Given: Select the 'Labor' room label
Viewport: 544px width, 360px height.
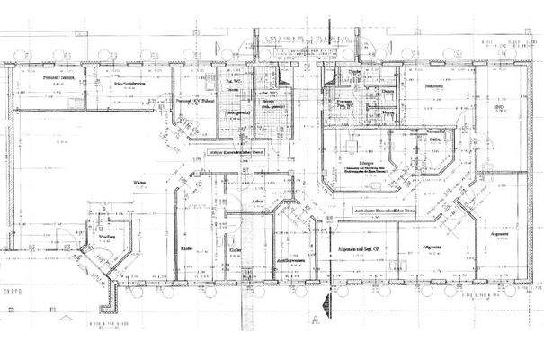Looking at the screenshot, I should point(256,202).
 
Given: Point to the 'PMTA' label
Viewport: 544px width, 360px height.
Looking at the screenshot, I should point(434,141).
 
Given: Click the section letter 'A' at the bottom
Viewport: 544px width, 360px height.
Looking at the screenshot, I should point(316,319).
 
